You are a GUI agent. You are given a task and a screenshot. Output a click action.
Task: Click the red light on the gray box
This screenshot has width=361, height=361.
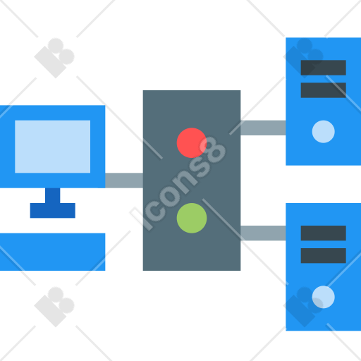point(192,142)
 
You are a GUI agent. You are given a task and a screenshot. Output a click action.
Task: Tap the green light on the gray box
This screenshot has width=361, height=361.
point(192,218)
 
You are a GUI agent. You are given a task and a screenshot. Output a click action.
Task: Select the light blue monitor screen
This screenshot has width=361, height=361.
point(52,147)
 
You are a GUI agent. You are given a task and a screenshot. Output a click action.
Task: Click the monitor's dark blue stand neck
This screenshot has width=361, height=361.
point(52,195)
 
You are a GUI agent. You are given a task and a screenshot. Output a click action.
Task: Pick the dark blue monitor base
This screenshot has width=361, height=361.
point(52,211)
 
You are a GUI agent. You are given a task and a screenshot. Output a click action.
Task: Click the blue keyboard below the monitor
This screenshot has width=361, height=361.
point(52,252)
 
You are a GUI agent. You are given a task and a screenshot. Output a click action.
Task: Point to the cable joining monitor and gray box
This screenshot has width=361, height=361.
point(124,180)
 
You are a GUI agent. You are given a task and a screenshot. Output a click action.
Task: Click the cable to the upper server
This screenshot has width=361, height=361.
point(263,128)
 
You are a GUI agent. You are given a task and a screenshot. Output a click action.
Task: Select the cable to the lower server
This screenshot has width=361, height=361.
point(263,233)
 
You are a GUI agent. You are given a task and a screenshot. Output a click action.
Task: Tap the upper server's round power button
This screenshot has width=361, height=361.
point(323,132)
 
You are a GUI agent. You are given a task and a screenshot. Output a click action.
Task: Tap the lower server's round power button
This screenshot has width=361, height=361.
point(323,297)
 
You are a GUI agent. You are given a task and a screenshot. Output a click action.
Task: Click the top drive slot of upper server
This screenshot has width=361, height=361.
point(323,68)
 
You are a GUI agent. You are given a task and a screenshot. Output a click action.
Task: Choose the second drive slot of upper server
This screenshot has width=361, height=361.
point(323,90)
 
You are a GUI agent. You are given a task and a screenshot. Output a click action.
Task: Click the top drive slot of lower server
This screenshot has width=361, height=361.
point(323,233)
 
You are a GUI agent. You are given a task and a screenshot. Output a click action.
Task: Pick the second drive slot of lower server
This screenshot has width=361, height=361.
point(323,255)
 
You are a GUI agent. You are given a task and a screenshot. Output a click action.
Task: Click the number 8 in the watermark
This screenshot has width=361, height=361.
point(213,150)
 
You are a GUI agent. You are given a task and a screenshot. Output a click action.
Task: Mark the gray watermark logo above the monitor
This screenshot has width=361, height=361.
point(54,58)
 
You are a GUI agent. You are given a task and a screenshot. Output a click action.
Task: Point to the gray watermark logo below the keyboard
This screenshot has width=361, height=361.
point(54,307)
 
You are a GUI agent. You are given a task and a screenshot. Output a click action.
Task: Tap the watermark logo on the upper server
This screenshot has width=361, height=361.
point(303,58)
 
